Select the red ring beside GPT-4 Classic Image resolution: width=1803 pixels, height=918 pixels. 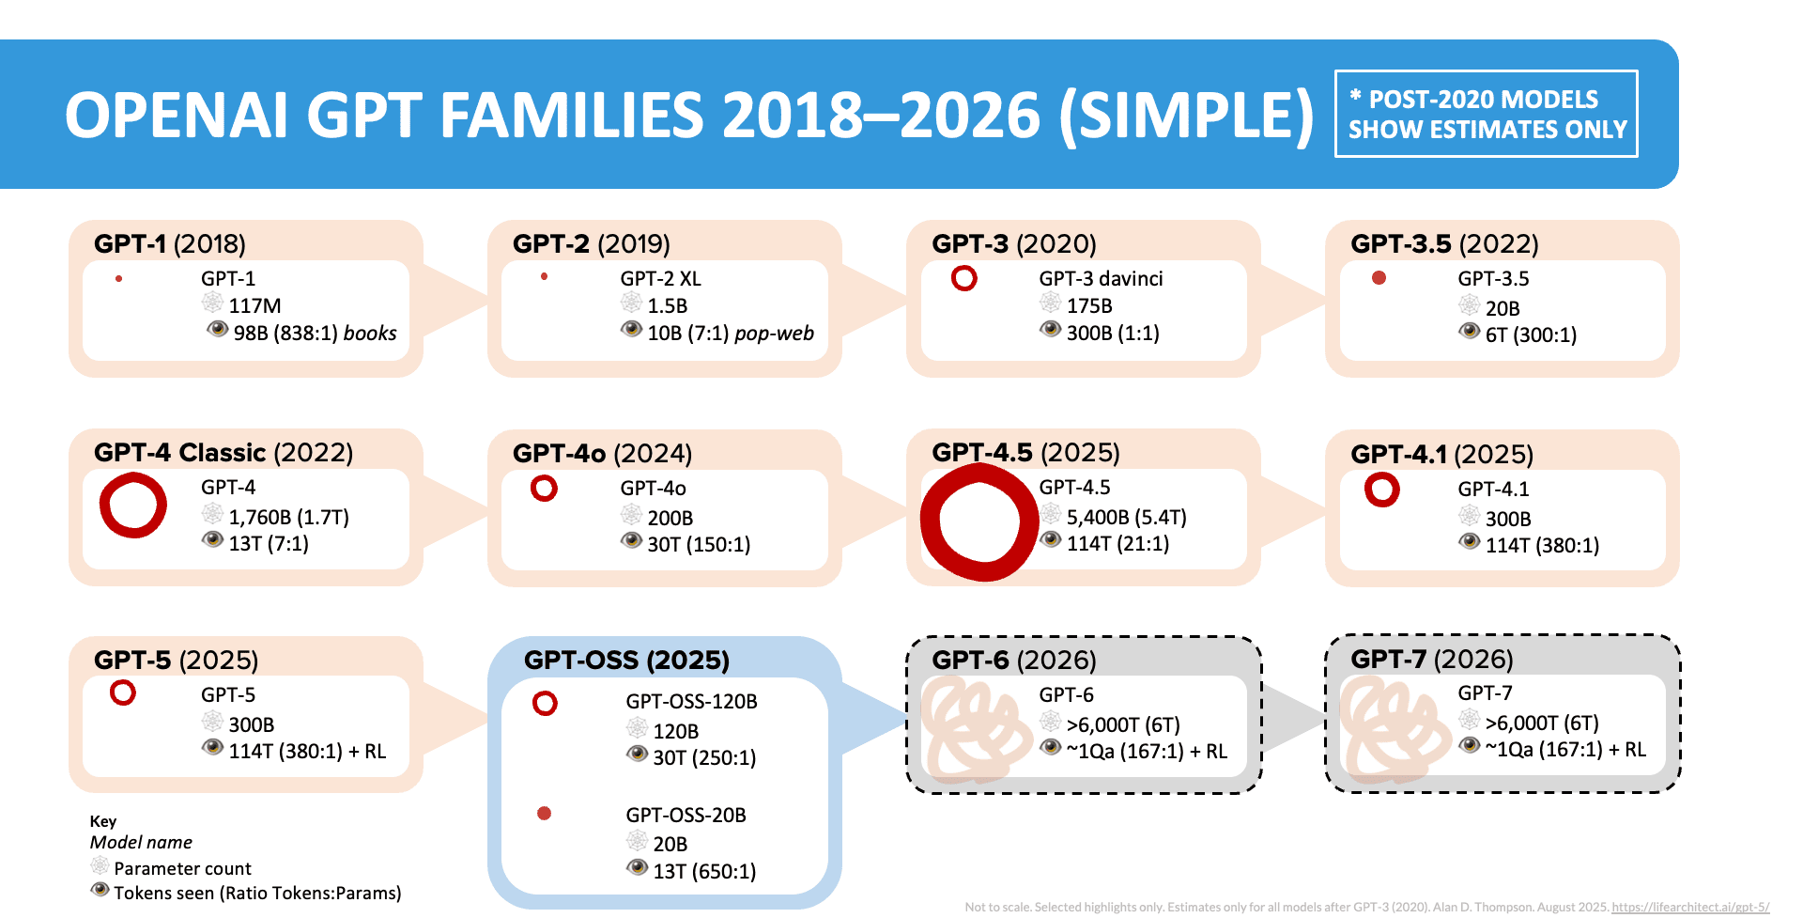[133, 506]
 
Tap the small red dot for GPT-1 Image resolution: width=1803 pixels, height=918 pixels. [119, 278]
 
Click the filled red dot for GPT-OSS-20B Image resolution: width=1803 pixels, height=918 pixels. [544, 814]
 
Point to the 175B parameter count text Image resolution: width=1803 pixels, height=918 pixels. [1089, 306]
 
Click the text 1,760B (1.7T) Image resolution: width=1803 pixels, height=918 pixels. [288, 518]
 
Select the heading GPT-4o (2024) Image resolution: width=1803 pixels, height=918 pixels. [602, 454]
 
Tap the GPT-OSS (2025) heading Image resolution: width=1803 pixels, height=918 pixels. [626, 661]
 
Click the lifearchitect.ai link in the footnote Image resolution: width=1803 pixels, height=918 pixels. [1689, 908]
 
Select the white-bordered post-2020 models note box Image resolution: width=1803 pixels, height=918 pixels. [1487, 114]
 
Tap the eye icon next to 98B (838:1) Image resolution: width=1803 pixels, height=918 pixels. [218, 330]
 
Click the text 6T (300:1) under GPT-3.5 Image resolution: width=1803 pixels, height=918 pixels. [1531, 335]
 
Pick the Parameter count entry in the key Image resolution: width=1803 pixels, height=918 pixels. [182, 869]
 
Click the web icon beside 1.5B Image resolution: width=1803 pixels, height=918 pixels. [631, 303]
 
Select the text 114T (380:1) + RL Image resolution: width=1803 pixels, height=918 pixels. [307, 752]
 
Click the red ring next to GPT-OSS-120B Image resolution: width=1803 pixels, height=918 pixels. [545, 704]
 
